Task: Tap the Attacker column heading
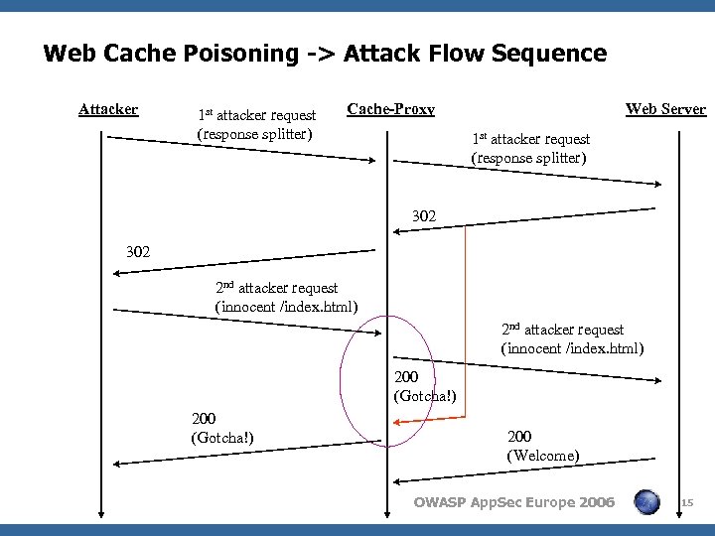(x=108, y=109)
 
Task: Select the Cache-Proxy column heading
(x=390, y=109)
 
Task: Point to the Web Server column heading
(x=665, y=109)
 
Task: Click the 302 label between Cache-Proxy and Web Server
(x=423, y=215)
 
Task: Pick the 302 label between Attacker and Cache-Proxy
(x=138, y=252)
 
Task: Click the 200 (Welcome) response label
(x=542, y=446)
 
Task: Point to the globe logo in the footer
(x=646, y=502)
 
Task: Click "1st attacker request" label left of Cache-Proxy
(x=257, y=116)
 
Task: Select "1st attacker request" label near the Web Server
(x=530, y=140)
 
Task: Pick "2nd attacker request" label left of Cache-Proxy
(x=277, y=288)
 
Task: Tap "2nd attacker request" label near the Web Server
(x=563, y=330)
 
